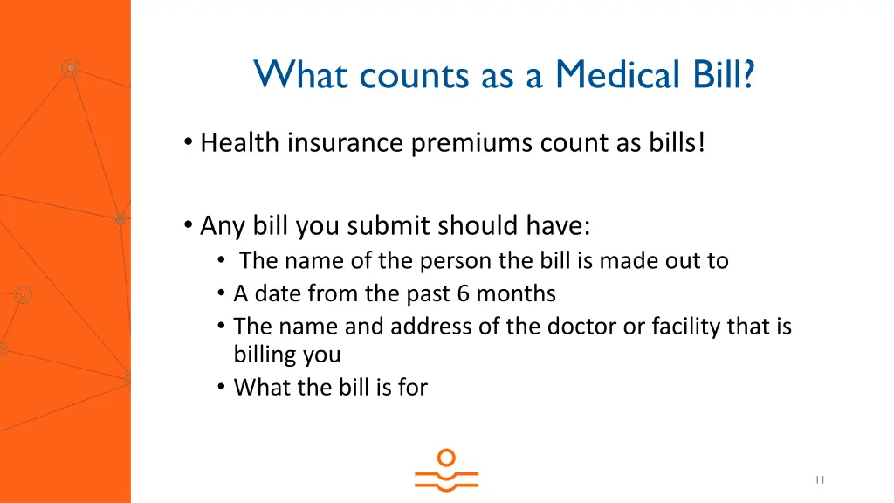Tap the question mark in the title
click(x=749, y=75)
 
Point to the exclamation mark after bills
click(x=700, y=142)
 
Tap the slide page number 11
click(x=820, y=479)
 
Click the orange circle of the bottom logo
click(x=446, y=458)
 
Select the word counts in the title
click(x=417, y=75)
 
